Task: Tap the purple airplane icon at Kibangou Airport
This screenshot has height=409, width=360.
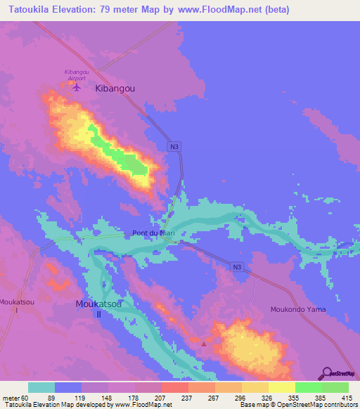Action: [x=77, y=87]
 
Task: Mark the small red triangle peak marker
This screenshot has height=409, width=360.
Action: [x=204, y=344]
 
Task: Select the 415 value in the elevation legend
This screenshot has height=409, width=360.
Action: [x=346, y=397]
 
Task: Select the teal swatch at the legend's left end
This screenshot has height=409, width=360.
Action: [x=41, y=387]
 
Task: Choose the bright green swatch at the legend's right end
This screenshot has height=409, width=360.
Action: [x=335, y=387]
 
